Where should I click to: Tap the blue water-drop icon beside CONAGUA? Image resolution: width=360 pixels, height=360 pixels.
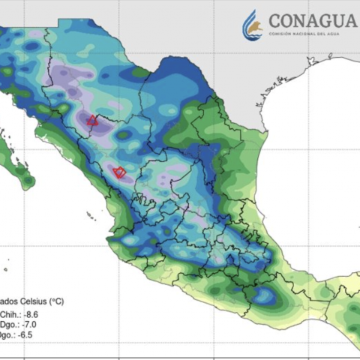[x=253, y=26]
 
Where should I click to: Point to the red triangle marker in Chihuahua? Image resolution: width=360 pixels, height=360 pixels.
[x=92, y=120]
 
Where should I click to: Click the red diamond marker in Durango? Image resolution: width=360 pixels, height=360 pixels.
[x=118, y=172]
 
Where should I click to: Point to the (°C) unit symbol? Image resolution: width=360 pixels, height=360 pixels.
[x=55, y=302]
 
